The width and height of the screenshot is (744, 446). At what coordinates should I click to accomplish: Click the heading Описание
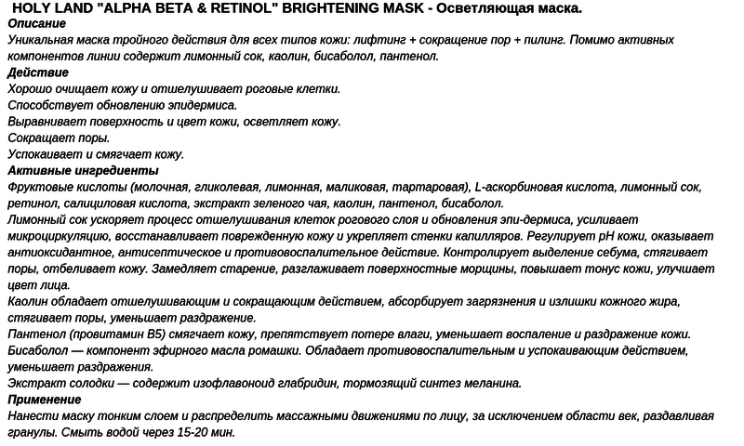pos(37,23)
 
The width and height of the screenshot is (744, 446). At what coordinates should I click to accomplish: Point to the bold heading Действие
pos(38,72)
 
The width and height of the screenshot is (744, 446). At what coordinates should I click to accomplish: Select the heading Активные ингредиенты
pos(83,171)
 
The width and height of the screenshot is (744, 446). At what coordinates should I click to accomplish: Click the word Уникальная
pos(42,40)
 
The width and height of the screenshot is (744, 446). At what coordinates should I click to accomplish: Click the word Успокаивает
pos(44,154)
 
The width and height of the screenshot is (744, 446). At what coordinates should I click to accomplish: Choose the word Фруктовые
pos(38,187)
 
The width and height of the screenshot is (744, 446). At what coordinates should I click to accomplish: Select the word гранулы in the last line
pos(32,432)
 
